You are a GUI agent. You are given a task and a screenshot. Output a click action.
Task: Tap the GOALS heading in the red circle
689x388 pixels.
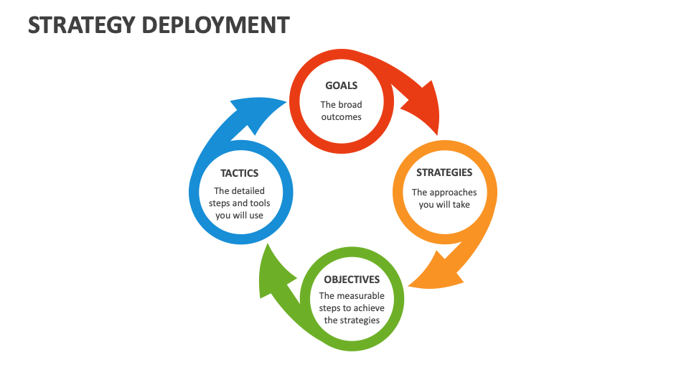tap(341, 86)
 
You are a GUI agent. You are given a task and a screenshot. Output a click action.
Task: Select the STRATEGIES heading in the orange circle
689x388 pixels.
tap(444, 172)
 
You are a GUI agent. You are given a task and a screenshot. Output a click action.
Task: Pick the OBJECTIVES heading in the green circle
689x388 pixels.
tap(352, 280)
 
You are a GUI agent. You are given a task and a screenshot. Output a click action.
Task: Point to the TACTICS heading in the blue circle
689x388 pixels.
tap(239, 173)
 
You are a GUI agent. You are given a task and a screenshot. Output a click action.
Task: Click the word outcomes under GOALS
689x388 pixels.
tap(342, 117)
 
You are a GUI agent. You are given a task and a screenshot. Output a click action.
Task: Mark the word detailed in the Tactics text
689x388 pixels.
tap(248, 191)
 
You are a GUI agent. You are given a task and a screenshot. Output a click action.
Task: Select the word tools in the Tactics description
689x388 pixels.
tap(260, 203)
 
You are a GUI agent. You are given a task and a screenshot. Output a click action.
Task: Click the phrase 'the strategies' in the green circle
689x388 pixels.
tap(352, 320)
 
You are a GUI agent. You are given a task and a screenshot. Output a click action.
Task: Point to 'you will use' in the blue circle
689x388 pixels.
tap(239, 216)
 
